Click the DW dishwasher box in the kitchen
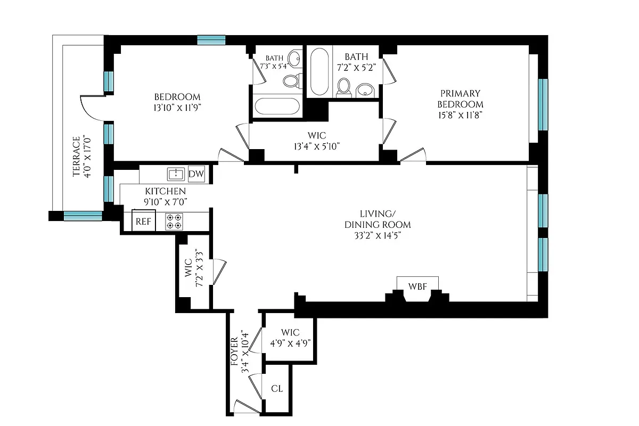pyautogui.click(x=196, y=174)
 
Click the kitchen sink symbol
pyautogui.click(x=176, y=174)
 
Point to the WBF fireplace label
pyautogui.click(x=417, y=286)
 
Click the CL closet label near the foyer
pyautogui.click(x=276, y=389)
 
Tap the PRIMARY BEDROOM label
pyautogui.click(x=460, y=99)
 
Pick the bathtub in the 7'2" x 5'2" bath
pyautogui.click(x=319, y=72)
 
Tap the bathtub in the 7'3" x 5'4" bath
pyautogui.click(x=277, y=106)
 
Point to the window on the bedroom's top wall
pyautogui.click(x=211, y=40)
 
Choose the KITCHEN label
pyautogui.click(x=166, y=191)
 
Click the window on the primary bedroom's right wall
pyautogui.click(x=543, y=104)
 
